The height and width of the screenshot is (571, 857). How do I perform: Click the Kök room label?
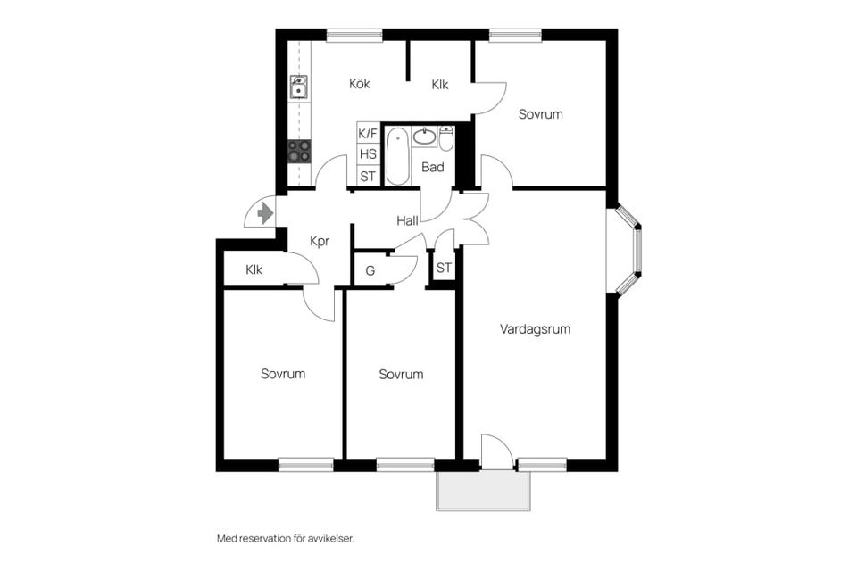click(360, 84)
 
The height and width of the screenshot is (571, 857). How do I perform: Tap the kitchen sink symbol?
click(298, 87)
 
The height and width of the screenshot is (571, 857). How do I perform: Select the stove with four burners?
click(300, 152)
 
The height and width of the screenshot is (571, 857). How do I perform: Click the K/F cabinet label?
click(368, 133)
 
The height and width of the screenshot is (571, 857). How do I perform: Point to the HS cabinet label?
click(368, 154)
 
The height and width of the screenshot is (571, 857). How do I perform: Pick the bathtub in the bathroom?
click(398, 156)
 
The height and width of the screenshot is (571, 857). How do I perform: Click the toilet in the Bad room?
click(446, 138)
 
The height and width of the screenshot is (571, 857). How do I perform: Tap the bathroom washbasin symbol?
click(424, 137)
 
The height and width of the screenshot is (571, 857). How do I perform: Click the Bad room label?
click(432, 167)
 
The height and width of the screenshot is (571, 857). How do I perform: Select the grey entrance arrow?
click(266, 212)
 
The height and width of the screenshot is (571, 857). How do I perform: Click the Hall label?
click(407, 220)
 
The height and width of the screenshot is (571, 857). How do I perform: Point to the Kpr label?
click(320, 241)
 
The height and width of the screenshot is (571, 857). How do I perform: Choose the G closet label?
click(370, 270)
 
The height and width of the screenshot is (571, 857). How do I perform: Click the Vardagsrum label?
click(535, 329)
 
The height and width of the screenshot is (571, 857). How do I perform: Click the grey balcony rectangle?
click(484, 491)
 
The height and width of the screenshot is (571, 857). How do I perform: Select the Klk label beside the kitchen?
click(440, 85)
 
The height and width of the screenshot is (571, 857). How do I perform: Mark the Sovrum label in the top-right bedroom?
click(541, 114)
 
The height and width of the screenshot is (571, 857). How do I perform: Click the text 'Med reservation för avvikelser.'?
click(286, 539)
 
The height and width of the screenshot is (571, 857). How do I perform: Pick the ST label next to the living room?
click(444, 268)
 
